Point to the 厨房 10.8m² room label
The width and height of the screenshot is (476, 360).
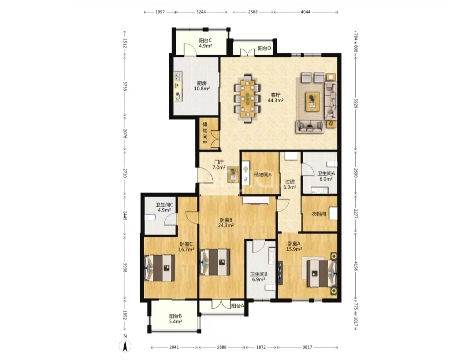click(x=202, y=86)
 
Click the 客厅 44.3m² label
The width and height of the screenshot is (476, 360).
click(x=275, y=97)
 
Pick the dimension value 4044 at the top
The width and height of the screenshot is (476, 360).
click(x=305, y=12)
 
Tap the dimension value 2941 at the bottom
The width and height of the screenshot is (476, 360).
click(x=174, y=347)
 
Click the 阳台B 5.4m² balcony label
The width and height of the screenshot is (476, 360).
click(x=175, y=319)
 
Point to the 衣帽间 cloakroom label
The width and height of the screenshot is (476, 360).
click(x=319, y=214)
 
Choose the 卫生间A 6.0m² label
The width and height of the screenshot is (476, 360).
click(x=326, y=176)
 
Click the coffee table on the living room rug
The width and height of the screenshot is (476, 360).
click(x=312, y=100)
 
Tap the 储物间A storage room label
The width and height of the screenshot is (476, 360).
click(x=263, y=174)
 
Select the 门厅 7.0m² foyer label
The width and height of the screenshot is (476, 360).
click(x=219, y=165)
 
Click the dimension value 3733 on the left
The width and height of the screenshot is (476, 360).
click(x=124, y=86)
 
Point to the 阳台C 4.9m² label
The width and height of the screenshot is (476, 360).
click(x=205, y=43)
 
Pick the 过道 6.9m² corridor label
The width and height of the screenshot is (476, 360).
click(x=290, y=185)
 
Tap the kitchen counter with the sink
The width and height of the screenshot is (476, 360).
click(x=178, y=86)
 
